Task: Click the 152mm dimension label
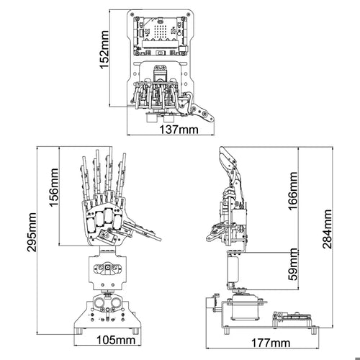click(x=104, y=50)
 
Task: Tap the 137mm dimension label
click(x=179, y=130)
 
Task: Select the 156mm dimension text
click(x=54, y=187)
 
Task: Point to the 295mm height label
click(x=32, y=232)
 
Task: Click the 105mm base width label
click(x=116, y=340)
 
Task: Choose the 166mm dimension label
click(x=293, y=191)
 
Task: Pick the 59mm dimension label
click(x=293, y=264)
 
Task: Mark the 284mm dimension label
click(x=328, y=229)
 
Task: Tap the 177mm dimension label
click(x=271, y=343)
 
